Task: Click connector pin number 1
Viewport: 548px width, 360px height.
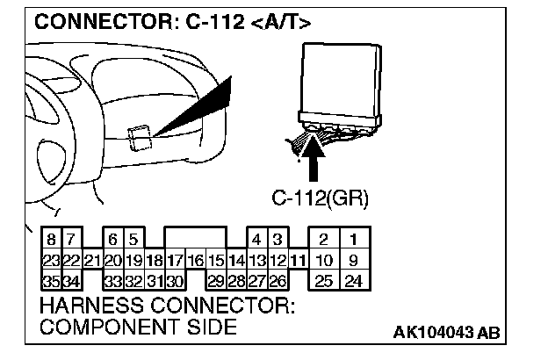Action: [x=352, y=239]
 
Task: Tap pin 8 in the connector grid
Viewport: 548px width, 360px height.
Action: [x=52, y=239]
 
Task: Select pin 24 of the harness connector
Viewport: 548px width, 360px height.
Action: [x=352, y=281]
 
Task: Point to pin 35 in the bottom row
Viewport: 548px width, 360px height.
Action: [x=52, y=281]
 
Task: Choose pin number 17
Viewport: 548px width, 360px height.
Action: [x=174, y=260]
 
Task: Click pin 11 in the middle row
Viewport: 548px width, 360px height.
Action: [x=299, y=260]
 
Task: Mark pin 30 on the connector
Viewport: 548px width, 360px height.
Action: [x=174, y=281]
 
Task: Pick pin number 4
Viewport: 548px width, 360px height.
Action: [x=256, y=239]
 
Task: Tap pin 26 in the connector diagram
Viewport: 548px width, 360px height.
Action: [x=278, y=281]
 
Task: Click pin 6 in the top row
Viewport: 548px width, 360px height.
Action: [x=113, y=239]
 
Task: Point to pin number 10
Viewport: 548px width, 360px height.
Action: [x=324, y=260]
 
